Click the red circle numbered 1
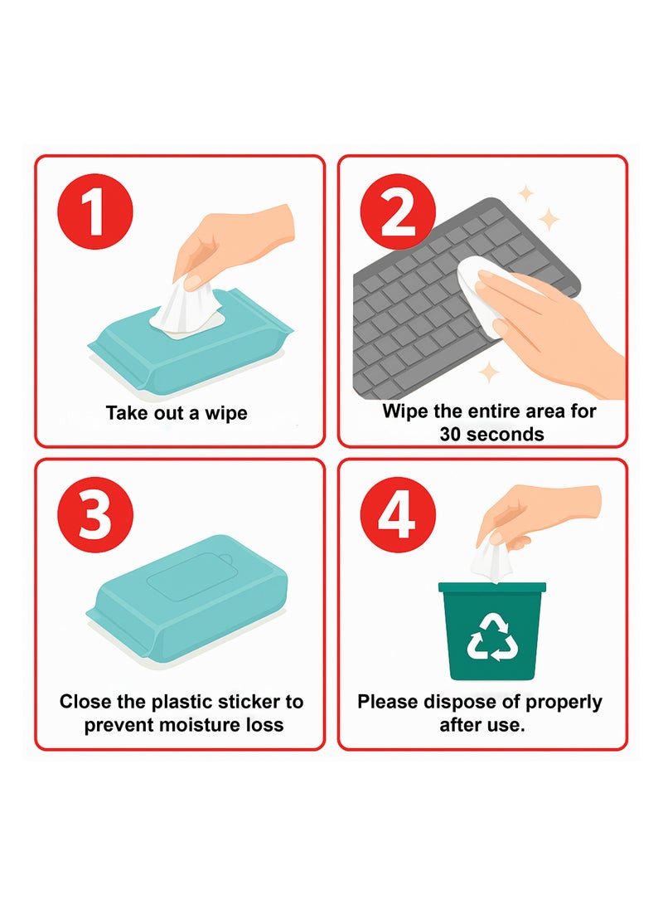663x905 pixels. (95, 212)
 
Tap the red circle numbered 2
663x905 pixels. (398, 212)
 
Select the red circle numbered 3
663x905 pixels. (95, 514)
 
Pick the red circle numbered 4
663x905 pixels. (398, 514)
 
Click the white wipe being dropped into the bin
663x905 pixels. (491, 560)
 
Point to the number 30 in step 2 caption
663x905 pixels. (450, 434)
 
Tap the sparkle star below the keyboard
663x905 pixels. (489, 372)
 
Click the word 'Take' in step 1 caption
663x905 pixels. (123, 413)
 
